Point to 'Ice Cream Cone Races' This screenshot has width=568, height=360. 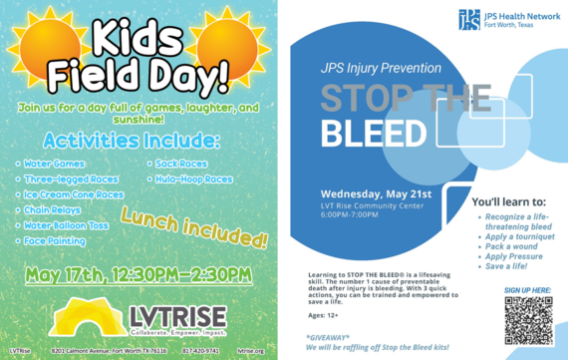76,195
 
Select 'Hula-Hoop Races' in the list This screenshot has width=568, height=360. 195,180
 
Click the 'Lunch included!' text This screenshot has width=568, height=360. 195,228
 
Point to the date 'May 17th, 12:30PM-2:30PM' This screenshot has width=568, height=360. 140,273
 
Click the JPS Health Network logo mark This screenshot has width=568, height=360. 468,19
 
